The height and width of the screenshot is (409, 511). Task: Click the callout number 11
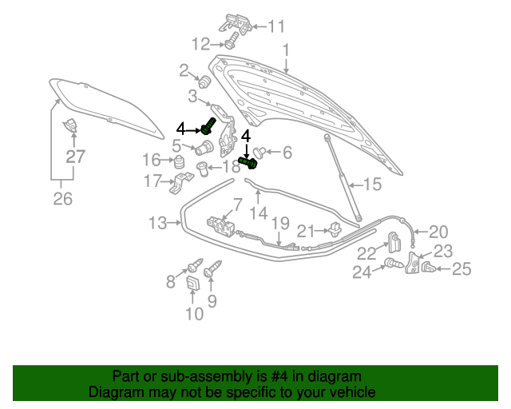point(276,26)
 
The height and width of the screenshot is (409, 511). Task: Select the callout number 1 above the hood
point(286,50)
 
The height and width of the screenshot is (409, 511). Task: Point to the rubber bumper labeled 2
point(204,81)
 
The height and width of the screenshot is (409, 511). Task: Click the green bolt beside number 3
point(208,126)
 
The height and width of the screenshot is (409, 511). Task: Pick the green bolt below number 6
point(248,163)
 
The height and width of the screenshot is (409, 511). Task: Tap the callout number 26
point(63,199)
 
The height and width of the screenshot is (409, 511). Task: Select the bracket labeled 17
point(181,183)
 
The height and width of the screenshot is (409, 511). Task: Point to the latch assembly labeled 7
point(220,226)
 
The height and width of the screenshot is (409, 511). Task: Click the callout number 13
point(158,224)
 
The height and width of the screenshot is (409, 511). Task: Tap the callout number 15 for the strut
point(372,185)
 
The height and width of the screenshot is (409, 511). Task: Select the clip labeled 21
point(335,229)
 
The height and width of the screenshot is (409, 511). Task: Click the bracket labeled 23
point(412,263)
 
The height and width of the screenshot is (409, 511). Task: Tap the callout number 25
point(461,269)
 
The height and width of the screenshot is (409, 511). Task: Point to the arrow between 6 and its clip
point(272,152)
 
